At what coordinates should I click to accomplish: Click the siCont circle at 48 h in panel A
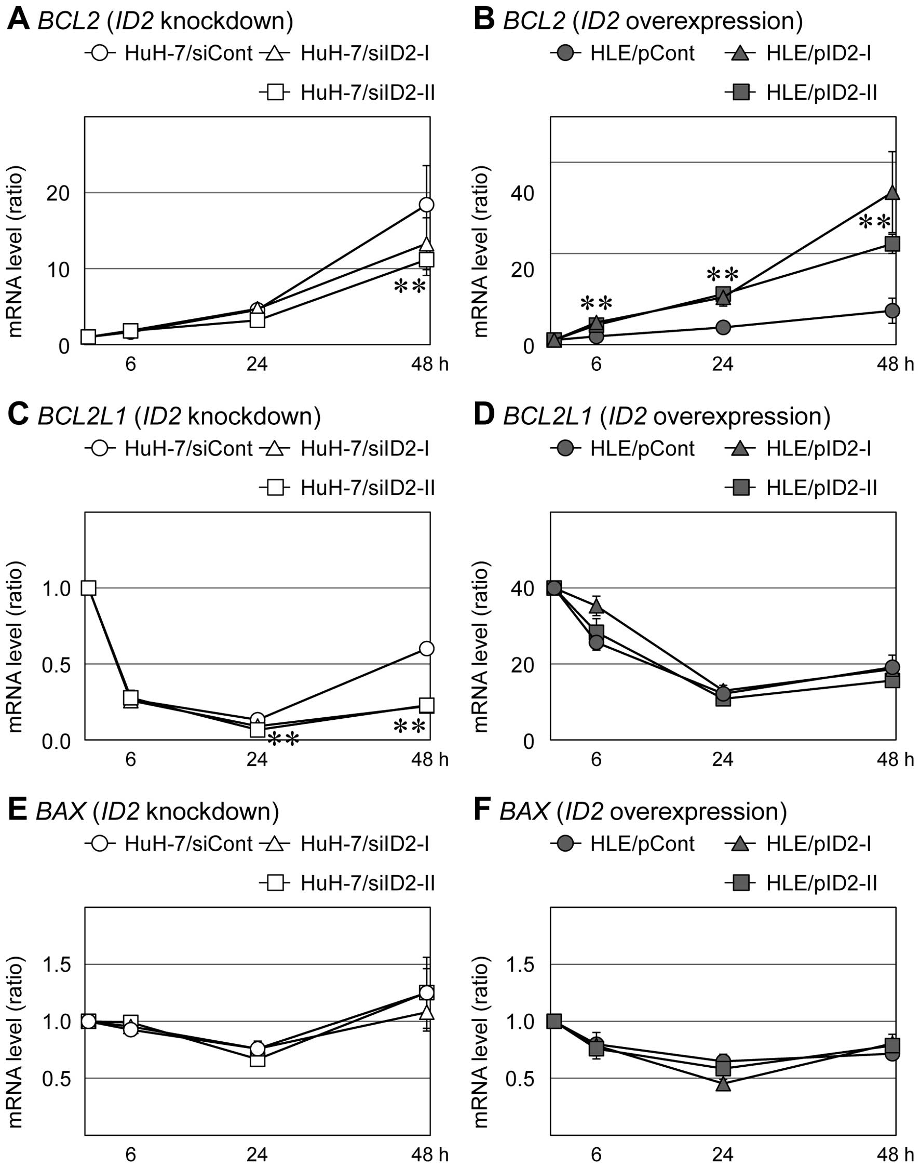coord(427,205)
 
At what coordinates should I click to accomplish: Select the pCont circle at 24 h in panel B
coord(723,328)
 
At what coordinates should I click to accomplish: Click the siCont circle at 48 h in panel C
coord(427,648)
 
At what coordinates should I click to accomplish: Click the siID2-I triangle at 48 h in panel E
coord(427,1012)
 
